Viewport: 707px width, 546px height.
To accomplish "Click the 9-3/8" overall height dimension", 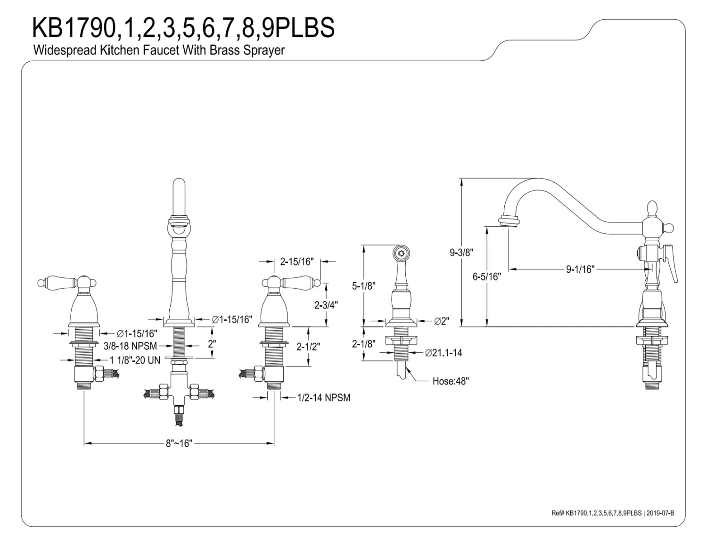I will coord(460,253).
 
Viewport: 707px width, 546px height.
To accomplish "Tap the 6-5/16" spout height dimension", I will coord(486,277).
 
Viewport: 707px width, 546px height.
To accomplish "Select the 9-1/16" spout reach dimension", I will coord(580,269).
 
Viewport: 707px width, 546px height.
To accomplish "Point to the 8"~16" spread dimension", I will coord(179,443).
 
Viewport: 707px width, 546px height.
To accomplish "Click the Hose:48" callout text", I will coord(451,381).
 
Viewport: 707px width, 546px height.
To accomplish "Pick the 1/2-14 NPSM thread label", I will coord(324,398).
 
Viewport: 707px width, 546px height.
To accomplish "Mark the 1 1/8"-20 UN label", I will coord(135,360).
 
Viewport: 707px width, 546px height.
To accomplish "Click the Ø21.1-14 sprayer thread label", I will coord(443,353).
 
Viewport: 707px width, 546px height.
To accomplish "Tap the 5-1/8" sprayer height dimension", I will coord(363,285).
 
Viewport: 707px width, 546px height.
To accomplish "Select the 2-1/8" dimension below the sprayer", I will coord(363,344).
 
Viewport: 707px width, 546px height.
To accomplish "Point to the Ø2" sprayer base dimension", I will coord(441,321).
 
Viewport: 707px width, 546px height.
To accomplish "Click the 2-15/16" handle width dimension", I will coord(296,261).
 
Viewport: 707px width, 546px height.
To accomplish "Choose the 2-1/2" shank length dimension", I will coord(308,346).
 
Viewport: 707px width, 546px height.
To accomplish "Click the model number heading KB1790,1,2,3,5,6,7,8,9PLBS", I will coord(183,27).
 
